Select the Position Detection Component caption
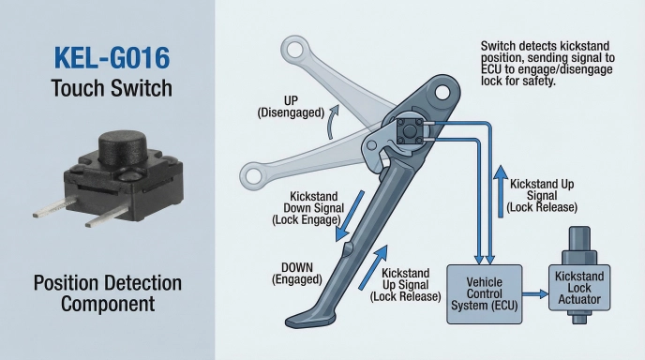107,293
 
